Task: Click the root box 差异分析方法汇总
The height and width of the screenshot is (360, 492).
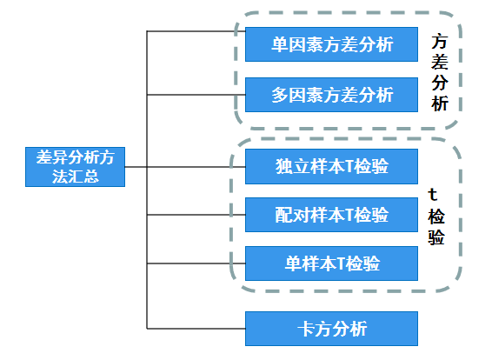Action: coord(75,167)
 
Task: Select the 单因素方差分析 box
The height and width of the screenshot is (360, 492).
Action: coord(331,44)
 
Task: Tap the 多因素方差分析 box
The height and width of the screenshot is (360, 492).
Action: coord(331,95)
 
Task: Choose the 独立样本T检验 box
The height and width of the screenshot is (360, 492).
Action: coord(331,166)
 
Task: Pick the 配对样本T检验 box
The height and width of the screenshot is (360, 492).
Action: coord(331,215)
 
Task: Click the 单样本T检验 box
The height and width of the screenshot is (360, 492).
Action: coord(331,263)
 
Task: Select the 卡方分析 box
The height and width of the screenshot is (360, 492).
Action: coord(331,329)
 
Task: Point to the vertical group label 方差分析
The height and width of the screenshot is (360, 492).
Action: coord(440,72)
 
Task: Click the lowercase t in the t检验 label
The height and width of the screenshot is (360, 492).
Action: coord(433,195)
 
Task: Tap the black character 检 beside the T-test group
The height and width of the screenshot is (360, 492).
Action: coord(436,217)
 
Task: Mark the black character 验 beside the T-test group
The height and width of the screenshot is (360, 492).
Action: coord(436,237)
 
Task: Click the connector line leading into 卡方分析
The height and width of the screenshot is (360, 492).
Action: coord(196,329)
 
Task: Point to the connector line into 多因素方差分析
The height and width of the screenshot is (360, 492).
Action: coord(196,95)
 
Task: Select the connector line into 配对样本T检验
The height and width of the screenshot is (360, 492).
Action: coord(196,215)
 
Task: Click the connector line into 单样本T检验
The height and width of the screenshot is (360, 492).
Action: coord(196,263)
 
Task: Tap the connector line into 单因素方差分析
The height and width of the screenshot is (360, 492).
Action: coord(196,31)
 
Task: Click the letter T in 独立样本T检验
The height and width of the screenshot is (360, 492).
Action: coord(349,166)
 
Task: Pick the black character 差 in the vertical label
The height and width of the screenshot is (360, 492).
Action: coord(440,62)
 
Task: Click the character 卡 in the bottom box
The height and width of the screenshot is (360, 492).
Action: coord(306,329)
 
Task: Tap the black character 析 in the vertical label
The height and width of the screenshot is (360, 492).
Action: coord(440,103)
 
